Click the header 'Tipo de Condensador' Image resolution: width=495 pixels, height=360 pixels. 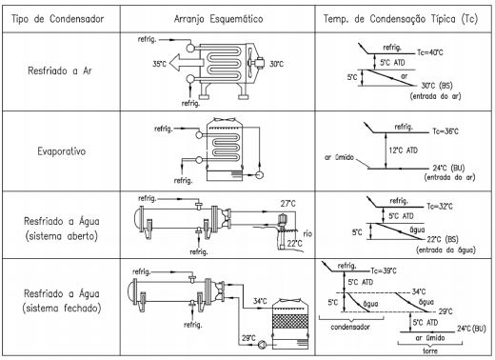pyautogui.click(x=58, y=19)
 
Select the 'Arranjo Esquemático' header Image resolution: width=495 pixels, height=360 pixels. pyautogui.click(x=218, y=19)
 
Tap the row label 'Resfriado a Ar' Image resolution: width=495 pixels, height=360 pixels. pyautogui.click(x=60, y=70)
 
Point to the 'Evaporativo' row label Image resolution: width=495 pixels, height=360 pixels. pyautogui.click(x=62, y=151)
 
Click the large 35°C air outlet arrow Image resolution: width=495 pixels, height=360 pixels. pyautogui.click(x=187, y=62)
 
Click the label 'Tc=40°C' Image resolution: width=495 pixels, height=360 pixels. pyautogui.click(x=430, y=52)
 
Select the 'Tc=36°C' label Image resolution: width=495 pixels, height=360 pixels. pyautogui.click(x=445, y=131)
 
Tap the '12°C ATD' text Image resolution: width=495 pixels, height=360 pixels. pyautogui.click(x=404, y=150)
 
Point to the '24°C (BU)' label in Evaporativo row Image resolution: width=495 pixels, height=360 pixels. pyautogui.click(x=447, y=168)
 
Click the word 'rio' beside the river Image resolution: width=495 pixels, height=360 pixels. pyautogui.click(x=307, y=234)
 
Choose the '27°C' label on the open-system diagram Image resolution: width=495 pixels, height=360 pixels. pyautogui.click(x=287, y=204)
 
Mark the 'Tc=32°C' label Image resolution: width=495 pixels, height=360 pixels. pyautogui.click(x=440, y=207)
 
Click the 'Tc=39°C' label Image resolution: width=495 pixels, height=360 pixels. pyautogui.click(x=384, y=270)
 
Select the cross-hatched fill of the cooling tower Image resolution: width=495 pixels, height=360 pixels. pyautogui.click(x=290, y=321)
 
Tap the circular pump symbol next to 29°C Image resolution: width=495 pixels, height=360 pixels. pyautogui.click(x=262, y=345)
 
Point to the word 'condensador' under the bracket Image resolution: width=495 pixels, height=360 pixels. pyautogui.click(x=350, y=327)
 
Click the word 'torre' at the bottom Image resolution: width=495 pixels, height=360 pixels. pyautogui.click(x=430, y=350)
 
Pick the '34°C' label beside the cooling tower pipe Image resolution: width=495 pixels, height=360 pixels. pyautogui.click(x=260, y=301)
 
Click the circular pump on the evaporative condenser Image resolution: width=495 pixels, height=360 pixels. pyautogui.click(x=260, y=174)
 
